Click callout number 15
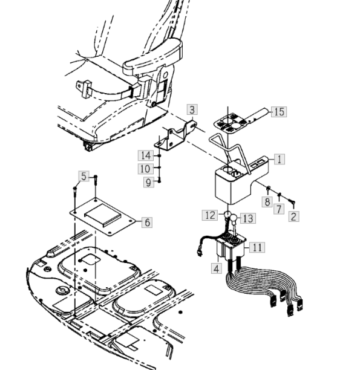(x=279, y=112)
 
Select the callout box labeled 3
(x=192, y=109)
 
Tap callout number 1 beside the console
(x=280, y=159)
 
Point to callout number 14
(x=145, y=155)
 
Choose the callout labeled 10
(x=145, y=169)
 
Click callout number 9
(x=149, y=183)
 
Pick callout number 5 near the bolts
(x=84, y=177)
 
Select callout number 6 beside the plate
(x=147, y=222)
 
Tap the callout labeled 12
(x=210, y=215)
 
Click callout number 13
(x=248, y=218)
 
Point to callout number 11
(x=257, y=247)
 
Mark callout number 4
(x=217, y=268)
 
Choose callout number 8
(x=267, y=202)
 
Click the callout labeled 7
(x=279, y=209)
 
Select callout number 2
(x=294, y=216)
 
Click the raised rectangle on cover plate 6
(x=103, y=215)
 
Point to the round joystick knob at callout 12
(x=227, y=215)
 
